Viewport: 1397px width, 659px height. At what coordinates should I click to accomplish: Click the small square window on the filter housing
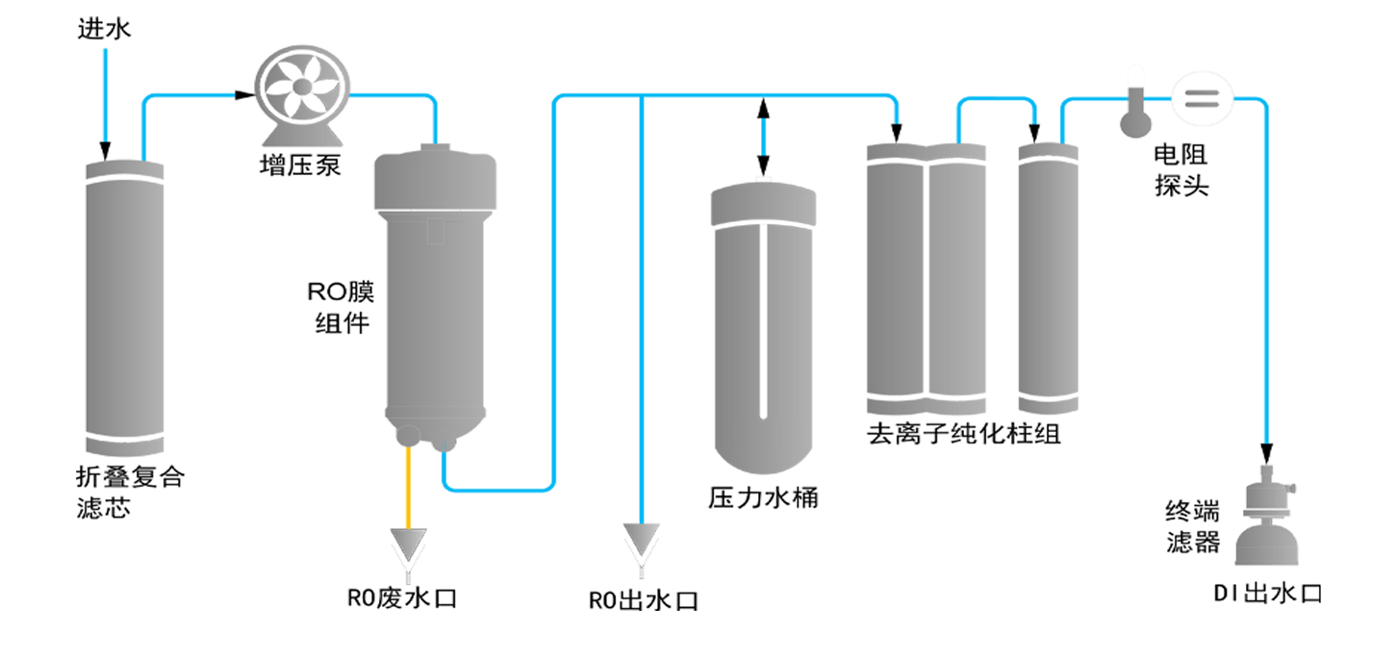(437, 231)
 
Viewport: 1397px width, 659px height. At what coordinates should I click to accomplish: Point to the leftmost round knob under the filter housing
(409, 434)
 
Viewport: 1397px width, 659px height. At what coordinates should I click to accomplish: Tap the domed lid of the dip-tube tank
(747, 204)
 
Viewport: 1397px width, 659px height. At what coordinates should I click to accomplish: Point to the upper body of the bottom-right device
(1267, 494)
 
